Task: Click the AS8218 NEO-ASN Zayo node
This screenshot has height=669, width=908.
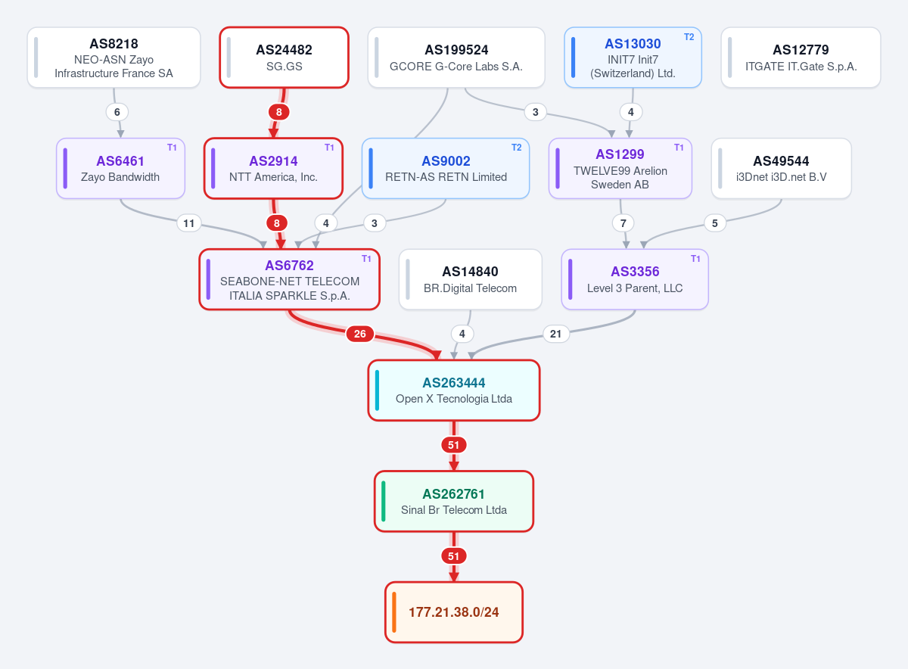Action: (x=113, y=58)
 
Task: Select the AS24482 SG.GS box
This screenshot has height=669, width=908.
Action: (x=285, y=58)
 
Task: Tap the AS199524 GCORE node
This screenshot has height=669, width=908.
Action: (x=456, y=58)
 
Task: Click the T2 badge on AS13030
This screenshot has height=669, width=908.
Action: (x=689, y=37)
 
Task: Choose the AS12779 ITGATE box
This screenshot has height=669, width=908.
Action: (x=801, y=58)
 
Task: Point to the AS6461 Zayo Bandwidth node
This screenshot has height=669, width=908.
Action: (x=120, y=168)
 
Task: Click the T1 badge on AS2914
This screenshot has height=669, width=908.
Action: (x=329, y=148)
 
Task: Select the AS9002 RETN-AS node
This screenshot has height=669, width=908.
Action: (x=446, y=168)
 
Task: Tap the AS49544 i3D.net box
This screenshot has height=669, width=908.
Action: (x=781, y=168)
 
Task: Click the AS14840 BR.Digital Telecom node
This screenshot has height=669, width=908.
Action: (x=470, y=279)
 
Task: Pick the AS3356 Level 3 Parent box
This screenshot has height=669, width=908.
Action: (x=635, y=279)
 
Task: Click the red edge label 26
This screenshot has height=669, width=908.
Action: (x=359, y=334)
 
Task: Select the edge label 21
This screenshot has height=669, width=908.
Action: (x=555, y=334)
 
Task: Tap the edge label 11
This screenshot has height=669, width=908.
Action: (x=189, y=223)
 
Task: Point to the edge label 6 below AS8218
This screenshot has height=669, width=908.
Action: (x=117, y=112)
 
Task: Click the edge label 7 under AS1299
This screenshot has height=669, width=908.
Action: (x=623, y=223)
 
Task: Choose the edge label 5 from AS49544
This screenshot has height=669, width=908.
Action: (x=714, y=223)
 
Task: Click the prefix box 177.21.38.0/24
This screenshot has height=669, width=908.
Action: (x=453, y=612)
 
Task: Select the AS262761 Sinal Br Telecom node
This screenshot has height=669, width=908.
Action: (x=453, y=501)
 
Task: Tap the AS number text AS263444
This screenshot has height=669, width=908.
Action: (x=453, y=383)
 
